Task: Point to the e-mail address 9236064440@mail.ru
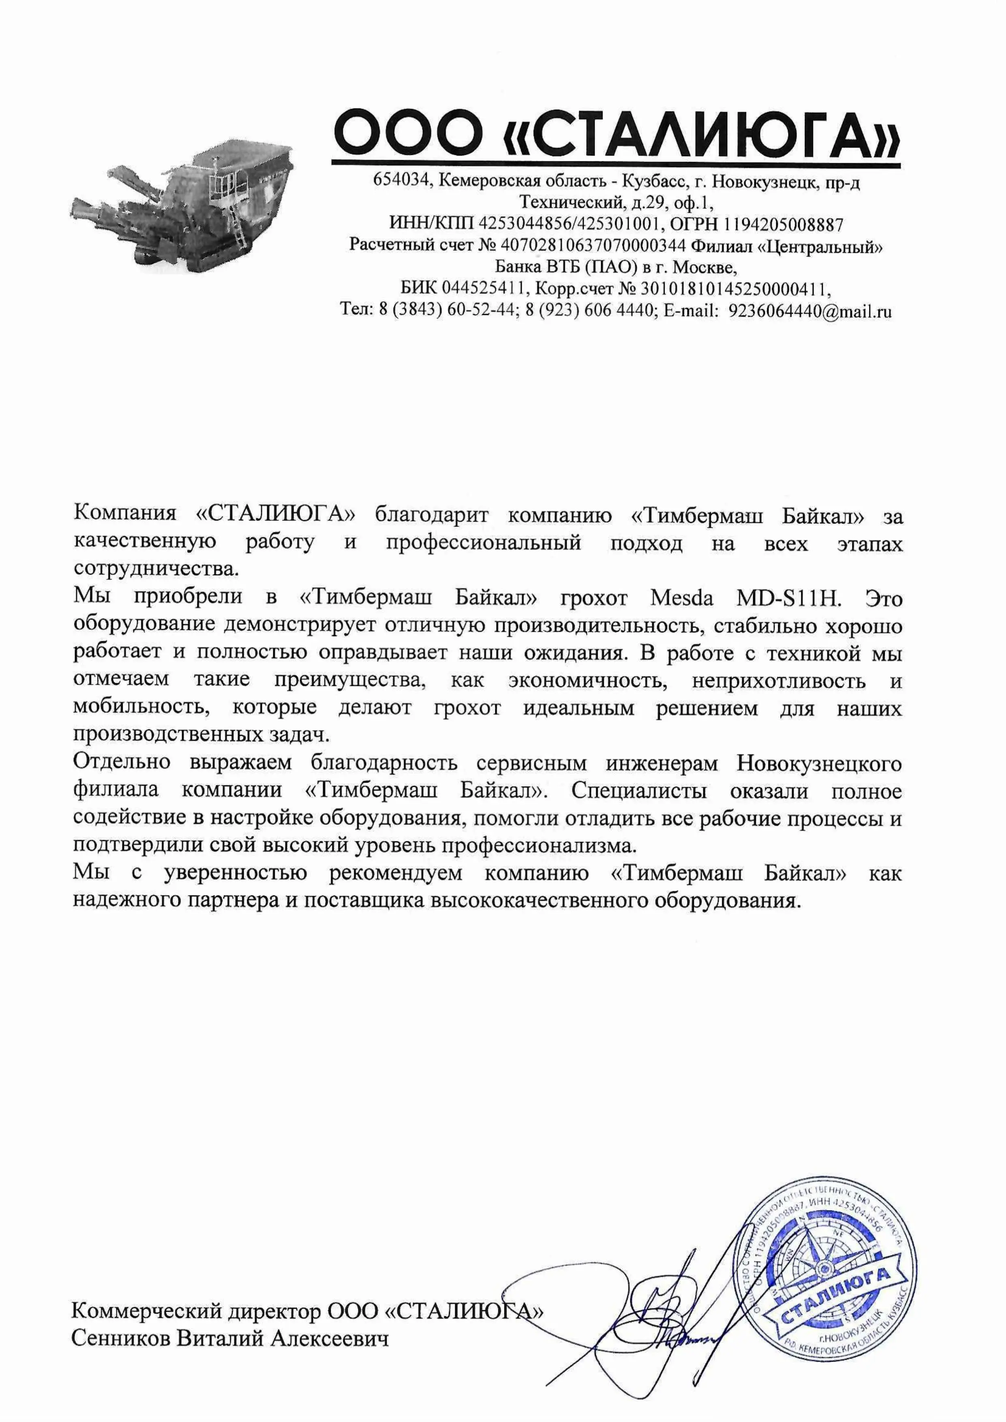click(810, 311)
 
